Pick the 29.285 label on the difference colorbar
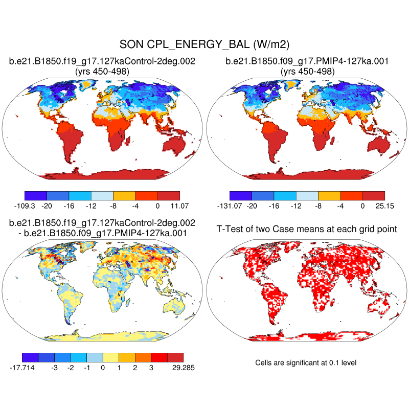click(183, 367)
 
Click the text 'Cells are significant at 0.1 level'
click(305, 362)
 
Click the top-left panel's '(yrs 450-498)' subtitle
click(102, 72)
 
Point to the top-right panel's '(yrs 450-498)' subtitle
click(307, 72)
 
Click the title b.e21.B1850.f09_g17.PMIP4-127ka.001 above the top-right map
click(307, 61)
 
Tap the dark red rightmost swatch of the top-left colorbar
click(169, 195)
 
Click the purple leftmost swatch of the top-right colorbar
click(240, 195)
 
